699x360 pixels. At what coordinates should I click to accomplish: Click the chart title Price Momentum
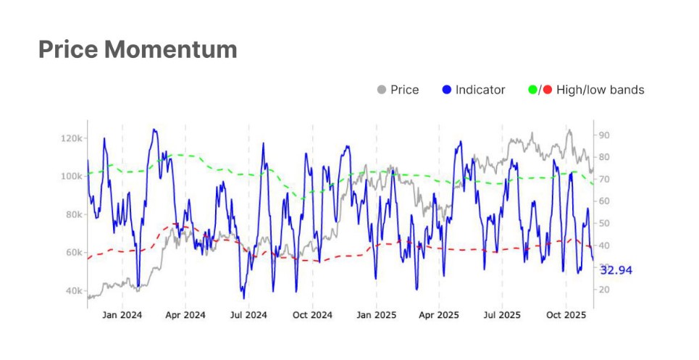[138, 49]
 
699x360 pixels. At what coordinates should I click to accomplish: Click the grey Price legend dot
[382, 90]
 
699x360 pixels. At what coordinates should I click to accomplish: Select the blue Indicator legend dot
[446, 90]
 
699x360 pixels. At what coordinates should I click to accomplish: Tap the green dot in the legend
[533, 90]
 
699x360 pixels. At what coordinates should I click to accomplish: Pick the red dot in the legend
[547, 90]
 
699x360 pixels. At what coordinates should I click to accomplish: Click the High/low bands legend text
[600, 90]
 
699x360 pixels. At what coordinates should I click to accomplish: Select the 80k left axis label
[74, 214]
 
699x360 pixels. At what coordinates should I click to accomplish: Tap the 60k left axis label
[74, 253]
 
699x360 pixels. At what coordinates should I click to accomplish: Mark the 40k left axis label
[74, 290]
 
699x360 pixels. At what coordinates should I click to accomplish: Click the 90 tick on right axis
[603, 135]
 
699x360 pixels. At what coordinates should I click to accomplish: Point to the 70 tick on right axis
[603, 179]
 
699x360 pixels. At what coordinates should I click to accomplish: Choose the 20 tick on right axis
[603, 290]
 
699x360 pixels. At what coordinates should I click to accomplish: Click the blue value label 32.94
[616, 270]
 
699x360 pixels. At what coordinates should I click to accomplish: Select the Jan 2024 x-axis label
[122, 315]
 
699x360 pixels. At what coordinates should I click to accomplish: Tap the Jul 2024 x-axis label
[248, 315]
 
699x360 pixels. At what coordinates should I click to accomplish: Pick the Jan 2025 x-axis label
[376, 315]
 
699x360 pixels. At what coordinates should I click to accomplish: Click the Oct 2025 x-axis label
[566, 315]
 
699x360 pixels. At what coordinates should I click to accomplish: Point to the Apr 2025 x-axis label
[439, 315]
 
